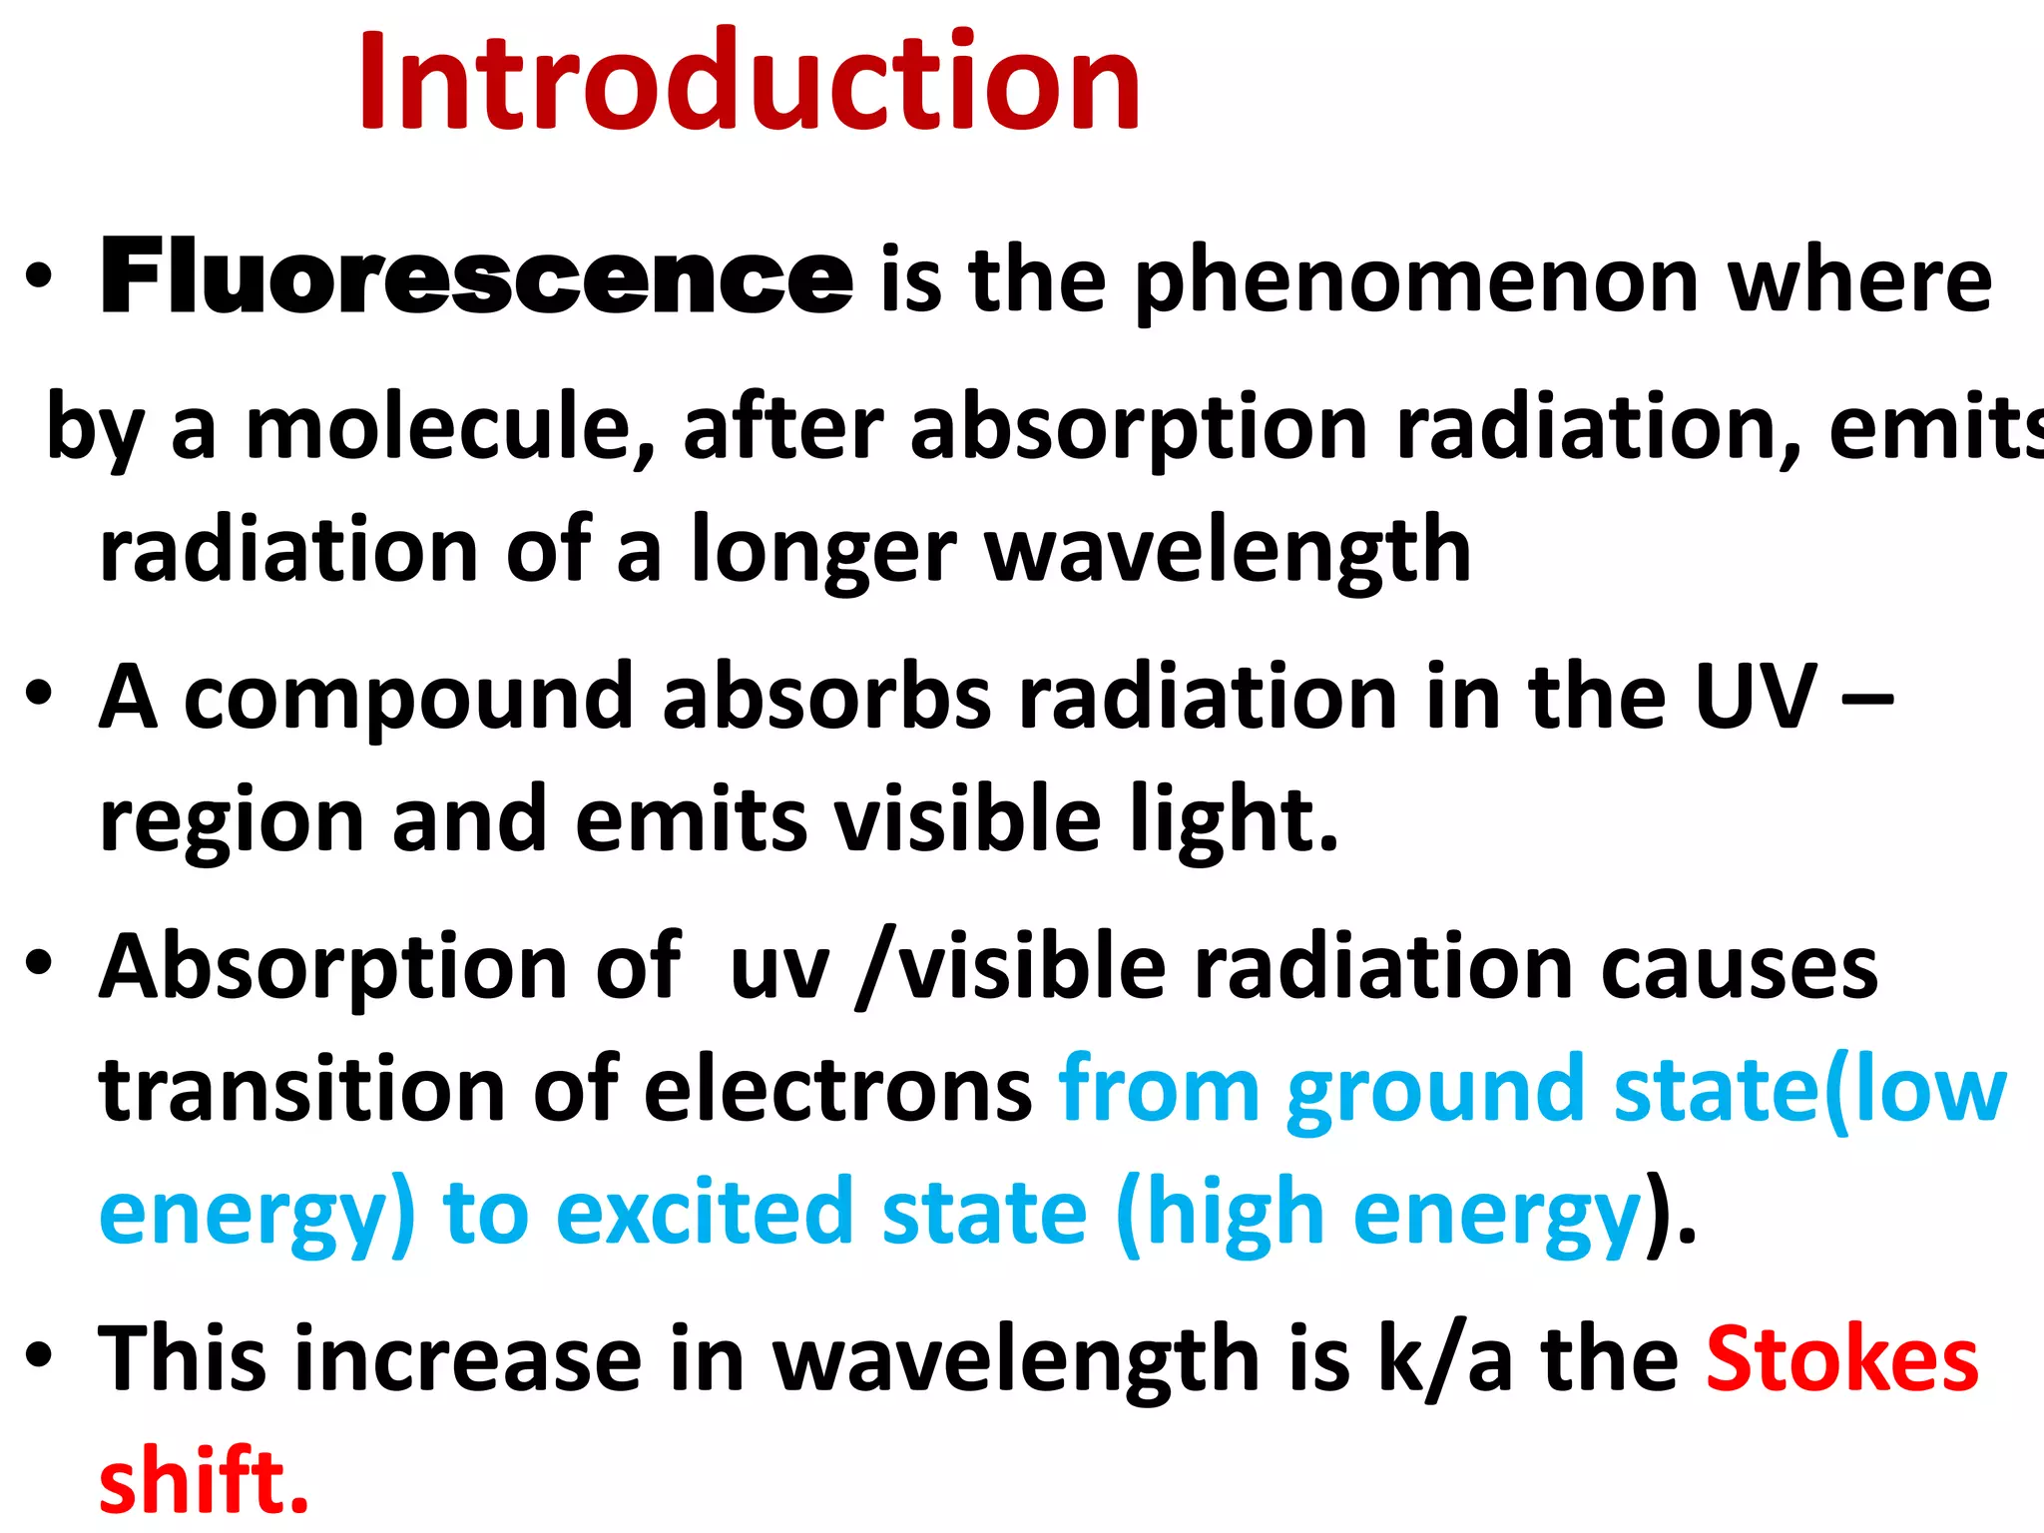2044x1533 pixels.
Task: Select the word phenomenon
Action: tap(1416, 282)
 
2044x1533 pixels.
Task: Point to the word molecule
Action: tap(450, 427)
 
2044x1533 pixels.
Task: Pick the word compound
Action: tap(409, 698)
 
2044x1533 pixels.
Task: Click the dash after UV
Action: tap(1867, 698)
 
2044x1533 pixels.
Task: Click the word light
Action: tap(1234, 820)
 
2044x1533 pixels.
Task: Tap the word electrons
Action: tap(837, 1091)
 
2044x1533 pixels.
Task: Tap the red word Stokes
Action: tap(1841, 1359)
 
